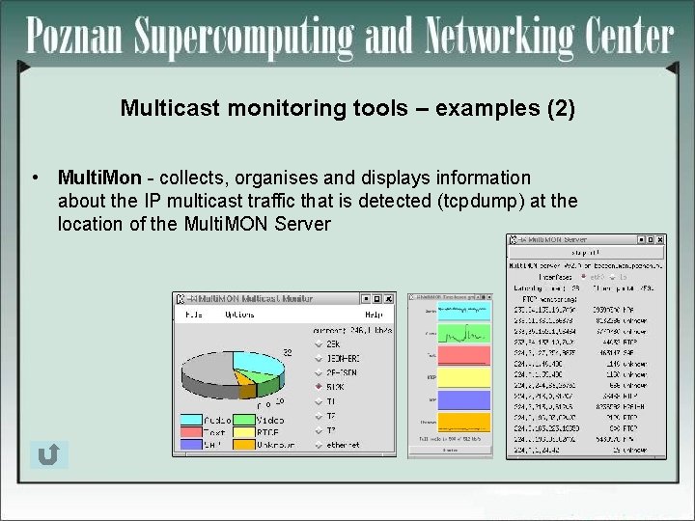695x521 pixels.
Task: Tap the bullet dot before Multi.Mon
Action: point(35,178)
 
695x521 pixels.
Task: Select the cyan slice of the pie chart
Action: point(259,362)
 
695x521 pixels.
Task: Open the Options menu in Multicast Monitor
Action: point(239,314)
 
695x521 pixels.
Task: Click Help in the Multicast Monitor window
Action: point(373,314)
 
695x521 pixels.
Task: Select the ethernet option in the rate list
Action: point(343,445)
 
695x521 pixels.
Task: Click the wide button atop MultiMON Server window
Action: point(586,253)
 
